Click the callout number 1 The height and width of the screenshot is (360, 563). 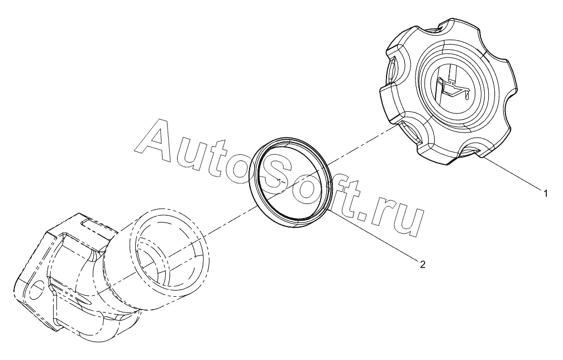(x=546, y=193)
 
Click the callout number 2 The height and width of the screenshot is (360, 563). (x=422, y=265)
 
